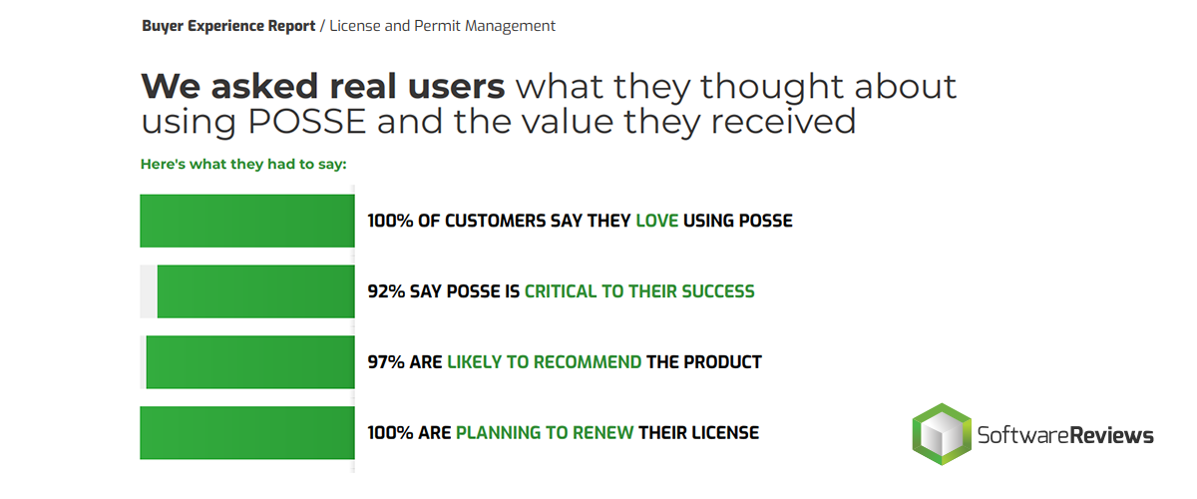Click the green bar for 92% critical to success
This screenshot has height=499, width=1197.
[x=255, y=291]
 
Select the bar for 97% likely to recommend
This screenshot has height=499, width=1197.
[x=250, y=362]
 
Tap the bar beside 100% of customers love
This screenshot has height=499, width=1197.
[x=247, y=221]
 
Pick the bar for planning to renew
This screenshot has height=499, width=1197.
[x=247, y=433]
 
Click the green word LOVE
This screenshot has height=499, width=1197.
[x=656, y=221]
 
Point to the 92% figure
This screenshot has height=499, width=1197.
[x=386, y=291]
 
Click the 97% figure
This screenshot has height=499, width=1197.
[x=386, y=362]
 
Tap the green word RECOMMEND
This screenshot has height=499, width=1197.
[x=588, y=362]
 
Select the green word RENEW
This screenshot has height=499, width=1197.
[x=602, y=433]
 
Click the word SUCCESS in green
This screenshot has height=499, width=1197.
[x=717, y=291]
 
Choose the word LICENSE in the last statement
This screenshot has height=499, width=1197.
[x=725, y=433]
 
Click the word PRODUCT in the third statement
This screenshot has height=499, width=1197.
[x=722, y=362]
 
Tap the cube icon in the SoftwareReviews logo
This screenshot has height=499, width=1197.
[x=942, y=434]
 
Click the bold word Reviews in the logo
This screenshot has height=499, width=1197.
[x=1111, y=435]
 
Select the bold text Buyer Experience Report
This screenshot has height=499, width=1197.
[x=228, y=26]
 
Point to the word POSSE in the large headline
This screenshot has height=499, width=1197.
[x=307, y=122]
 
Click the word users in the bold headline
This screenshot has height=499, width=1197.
[x=457, y=87]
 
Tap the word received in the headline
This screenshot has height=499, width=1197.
[x=783, y=122]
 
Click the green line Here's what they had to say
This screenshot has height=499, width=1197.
[x=243, y=165]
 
